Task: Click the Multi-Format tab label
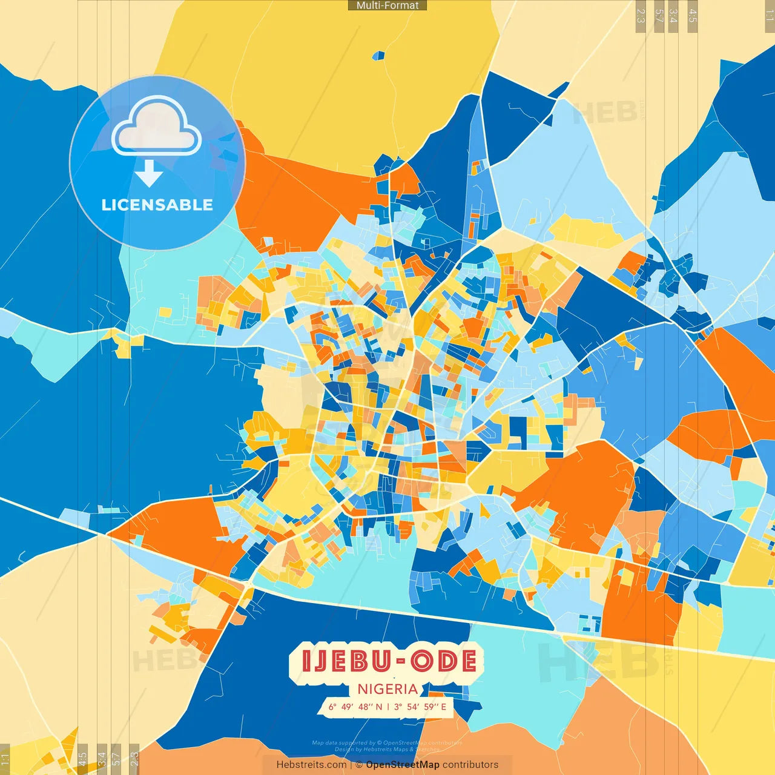387,5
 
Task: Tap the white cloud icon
156,127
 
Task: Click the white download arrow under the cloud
148,175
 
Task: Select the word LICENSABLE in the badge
157,205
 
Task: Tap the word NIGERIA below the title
387,689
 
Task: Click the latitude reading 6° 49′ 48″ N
355,707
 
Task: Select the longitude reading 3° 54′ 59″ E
420,707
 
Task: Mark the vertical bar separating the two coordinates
388,707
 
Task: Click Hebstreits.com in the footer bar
311,765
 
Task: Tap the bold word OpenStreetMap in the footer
403,765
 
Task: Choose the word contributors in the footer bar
470,765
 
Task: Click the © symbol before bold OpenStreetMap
359,765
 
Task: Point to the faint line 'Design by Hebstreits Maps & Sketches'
387,750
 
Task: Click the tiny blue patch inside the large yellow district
378,56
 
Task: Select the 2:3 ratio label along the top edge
641,16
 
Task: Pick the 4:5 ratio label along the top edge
693,16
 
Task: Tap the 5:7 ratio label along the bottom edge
116,759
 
